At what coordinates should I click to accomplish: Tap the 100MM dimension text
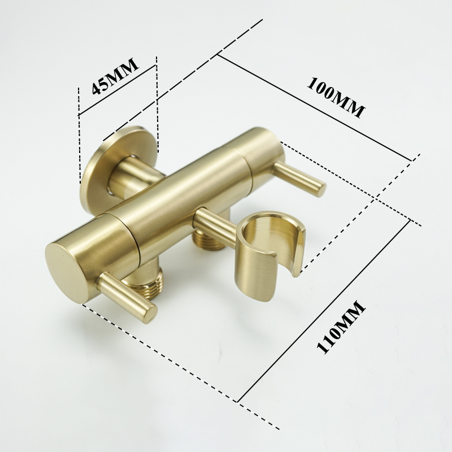point(336,97)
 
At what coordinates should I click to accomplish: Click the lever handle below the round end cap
point(128,293)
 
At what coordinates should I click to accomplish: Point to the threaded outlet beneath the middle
point(208,241)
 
